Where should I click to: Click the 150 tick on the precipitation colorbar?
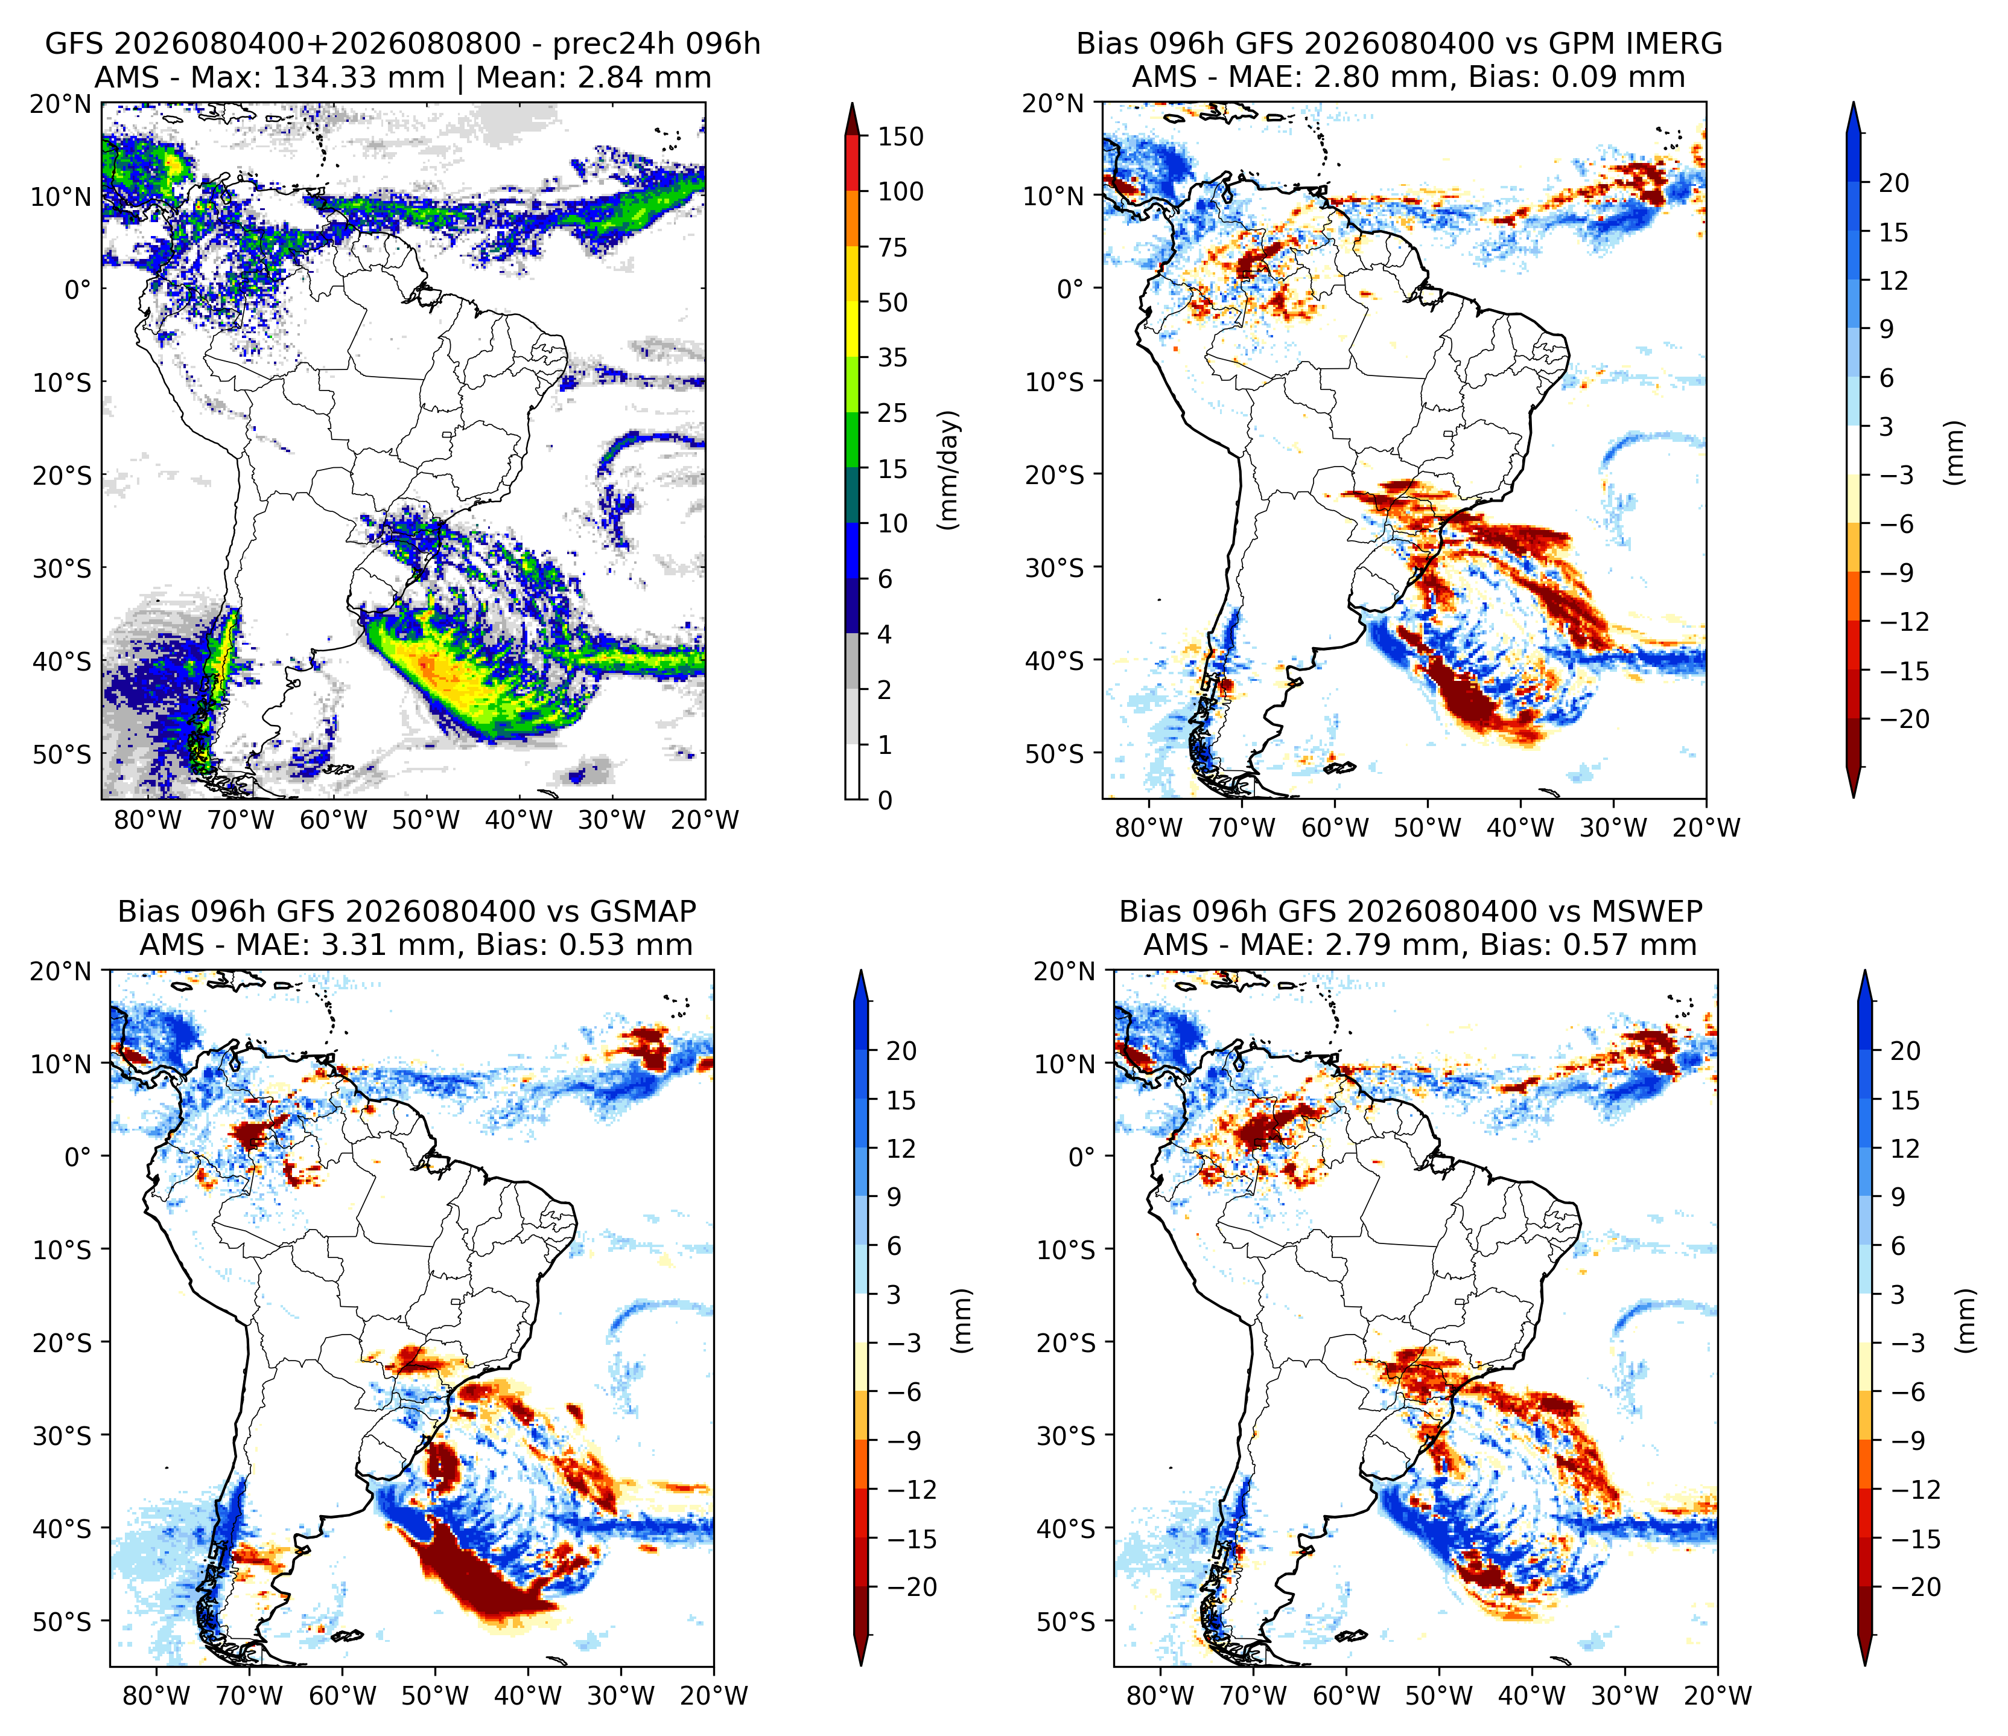coord(900,136)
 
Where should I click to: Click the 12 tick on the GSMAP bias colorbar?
coord(900,1149)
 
